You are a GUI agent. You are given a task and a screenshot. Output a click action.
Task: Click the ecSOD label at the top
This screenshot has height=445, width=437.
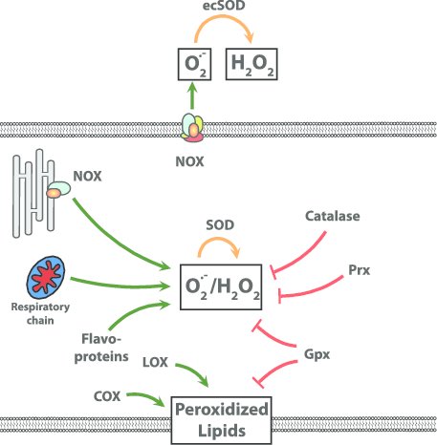(x=218, y=11)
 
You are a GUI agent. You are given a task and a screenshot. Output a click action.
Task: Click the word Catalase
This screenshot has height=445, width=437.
(x=333, y=218)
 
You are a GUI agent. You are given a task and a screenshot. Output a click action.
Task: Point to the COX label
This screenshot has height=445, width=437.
(x=108, y=394)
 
